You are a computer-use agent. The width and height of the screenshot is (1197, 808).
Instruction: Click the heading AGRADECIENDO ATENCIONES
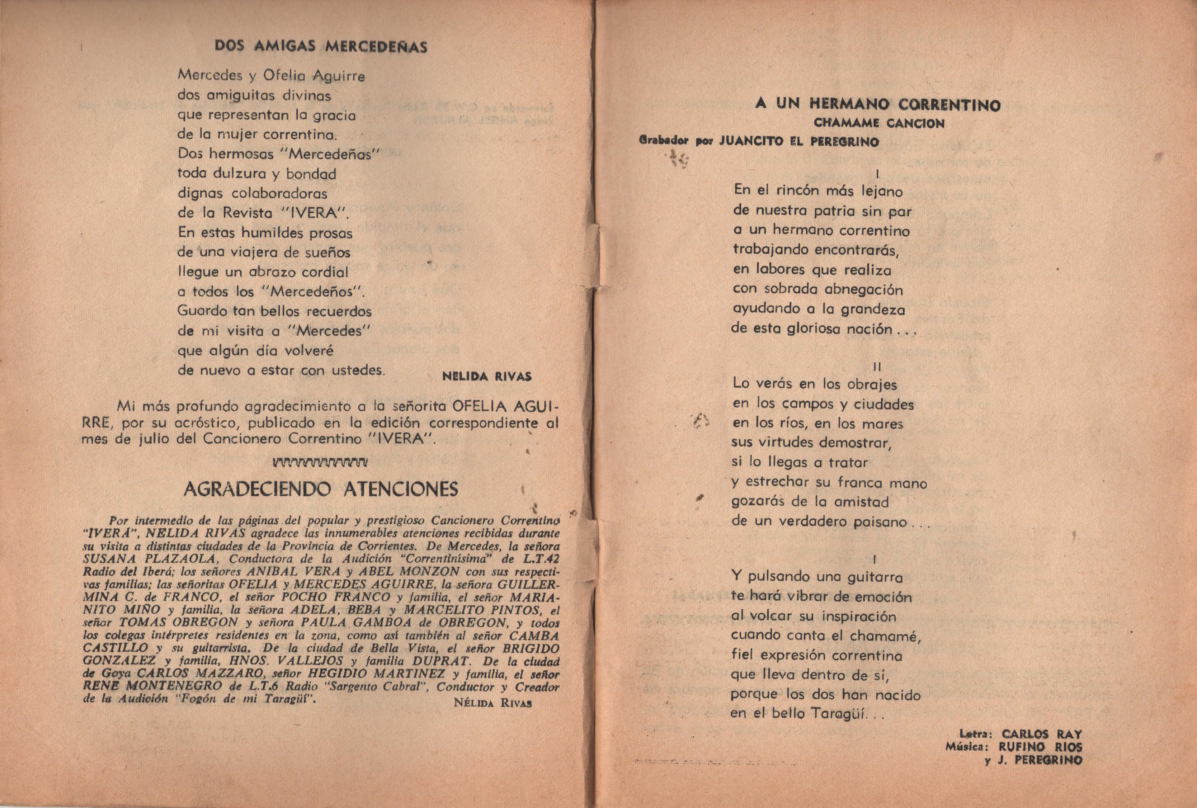[320, 489]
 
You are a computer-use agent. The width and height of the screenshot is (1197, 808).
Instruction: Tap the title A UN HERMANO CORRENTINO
[878, 104]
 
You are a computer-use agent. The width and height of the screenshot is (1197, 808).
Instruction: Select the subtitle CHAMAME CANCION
[879, 124]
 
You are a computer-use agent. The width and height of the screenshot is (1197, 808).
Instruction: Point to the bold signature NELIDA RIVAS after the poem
[487, 377]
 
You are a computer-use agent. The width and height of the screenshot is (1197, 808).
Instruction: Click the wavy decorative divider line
[320, 462]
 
